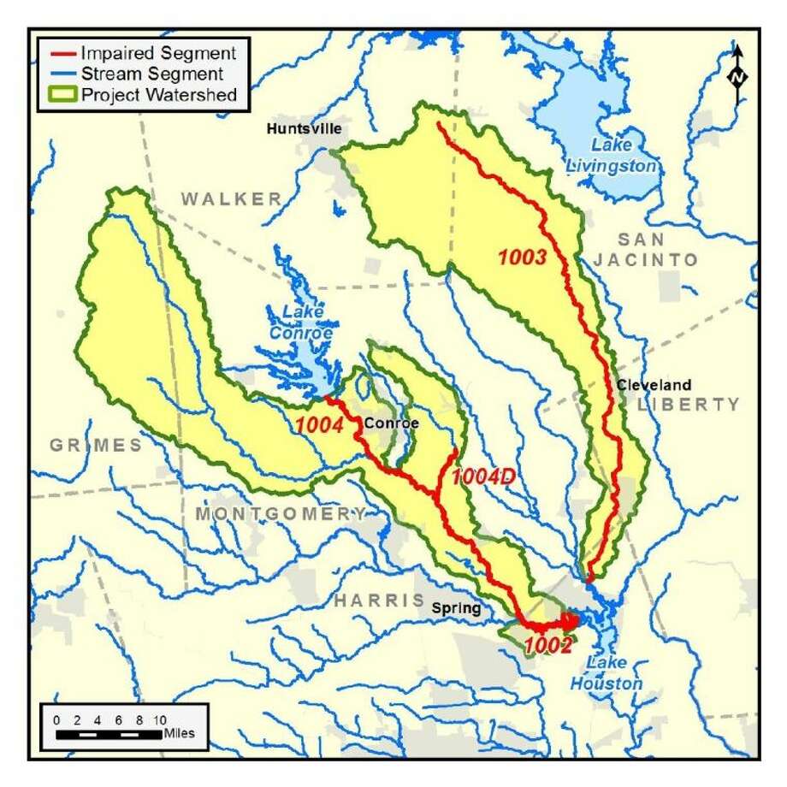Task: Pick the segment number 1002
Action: coord(548,647)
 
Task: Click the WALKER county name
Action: coord(230,199)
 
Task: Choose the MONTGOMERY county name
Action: coord(280,513)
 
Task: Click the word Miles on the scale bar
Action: coord(180,733)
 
